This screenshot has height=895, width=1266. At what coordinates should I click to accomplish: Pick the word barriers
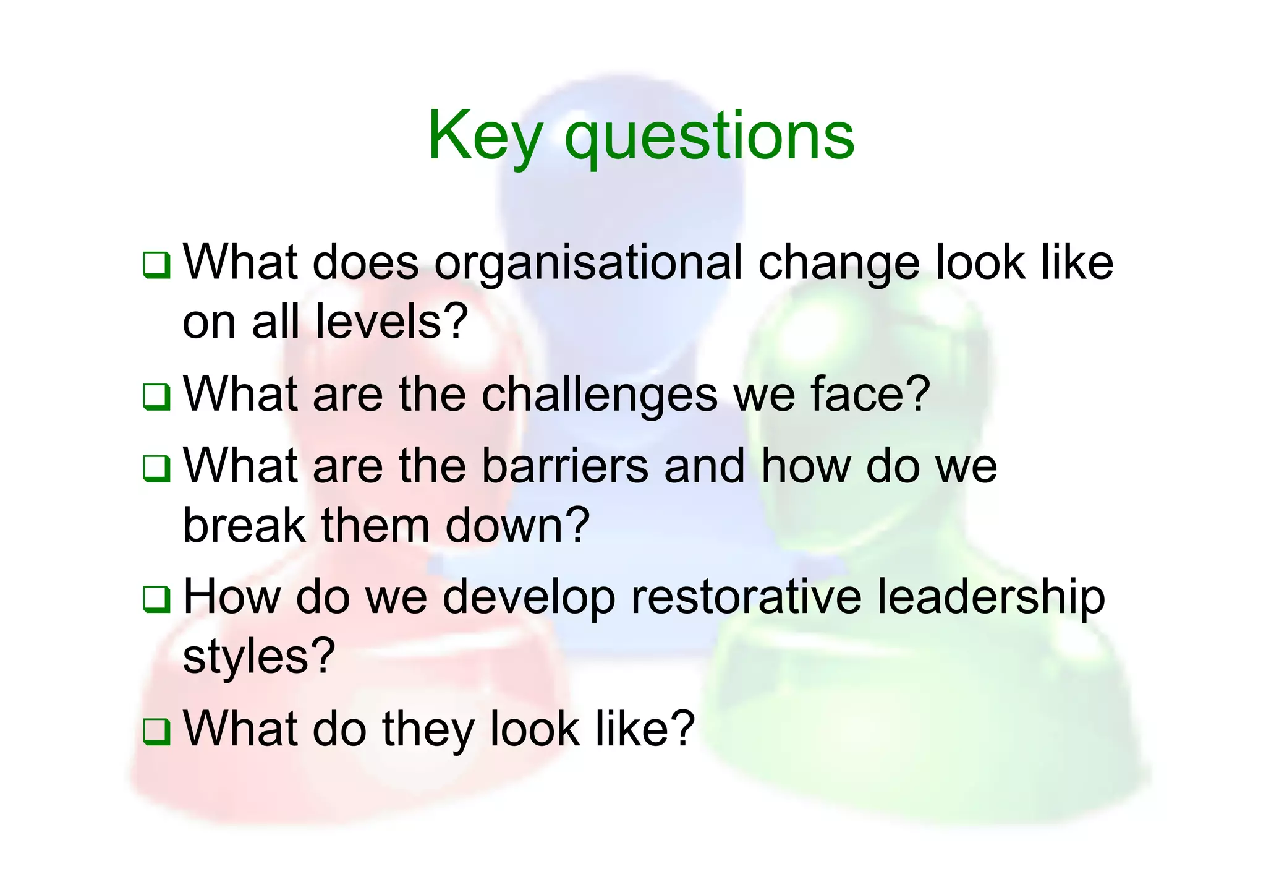pyautogui.click(x=565, y=466)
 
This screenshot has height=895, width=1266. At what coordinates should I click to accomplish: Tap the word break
pyautogui.click(x=245, y=525)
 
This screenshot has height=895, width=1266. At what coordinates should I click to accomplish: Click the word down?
pyautogui.click(x=518, y=525)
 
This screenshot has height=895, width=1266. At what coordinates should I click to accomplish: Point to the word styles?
pyautogui.click(x=259, y=656)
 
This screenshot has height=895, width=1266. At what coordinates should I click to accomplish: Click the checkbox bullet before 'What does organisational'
pyautogui.click(x=156, y=265)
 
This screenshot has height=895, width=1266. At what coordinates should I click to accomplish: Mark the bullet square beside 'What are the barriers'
pyautogui.click(x=156, y=468)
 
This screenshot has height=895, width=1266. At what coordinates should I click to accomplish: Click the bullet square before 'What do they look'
pyautogui.click(x=156, y=731)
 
